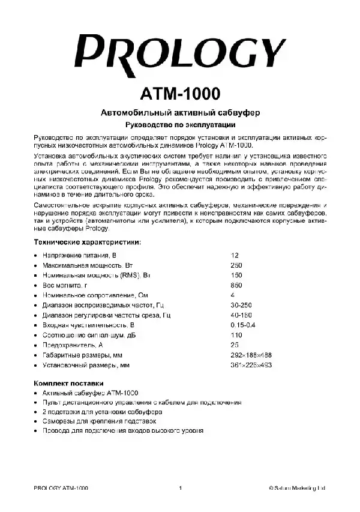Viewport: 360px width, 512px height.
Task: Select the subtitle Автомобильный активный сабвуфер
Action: click(x=179, y=113)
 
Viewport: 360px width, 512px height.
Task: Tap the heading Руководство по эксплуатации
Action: click(x=179, y=125)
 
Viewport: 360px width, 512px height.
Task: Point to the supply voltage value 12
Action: click(x=234, y=254)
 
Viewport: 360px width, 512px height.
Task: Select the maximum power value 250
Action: click(x=236, y=265)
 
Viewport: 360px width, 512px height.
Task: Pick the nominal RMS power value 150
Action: click(x=236, y=275)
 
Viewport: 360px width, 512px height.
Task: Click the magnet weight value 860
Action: click(x=236, y=285)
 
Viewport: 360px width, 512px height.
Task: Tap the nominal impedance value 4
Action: click(x=232, y=295)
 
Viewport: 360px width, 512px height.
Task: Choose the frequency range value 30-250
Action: click(x=241, y=306)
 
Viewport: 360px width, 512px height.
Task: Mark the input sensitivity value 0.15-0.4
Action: click(x=243, y=325)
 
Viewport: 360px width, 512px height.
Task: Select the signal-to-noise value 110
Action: click(x=236, y=336)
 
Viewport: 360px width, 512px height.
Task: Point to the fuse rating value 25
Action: click(x=234, y=346)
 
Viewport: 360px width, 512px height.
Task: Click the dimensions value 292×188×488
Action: click(x=250, y=356)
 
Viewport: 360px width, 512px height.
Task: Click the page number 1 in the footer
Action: click(x=180, y=488)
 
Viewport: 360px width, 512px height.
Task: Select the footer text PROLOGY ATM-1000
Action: click(x=61, y=488)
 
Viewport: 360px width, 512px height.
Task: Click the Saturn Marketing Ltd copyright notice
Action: click(x=297, y=488)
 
